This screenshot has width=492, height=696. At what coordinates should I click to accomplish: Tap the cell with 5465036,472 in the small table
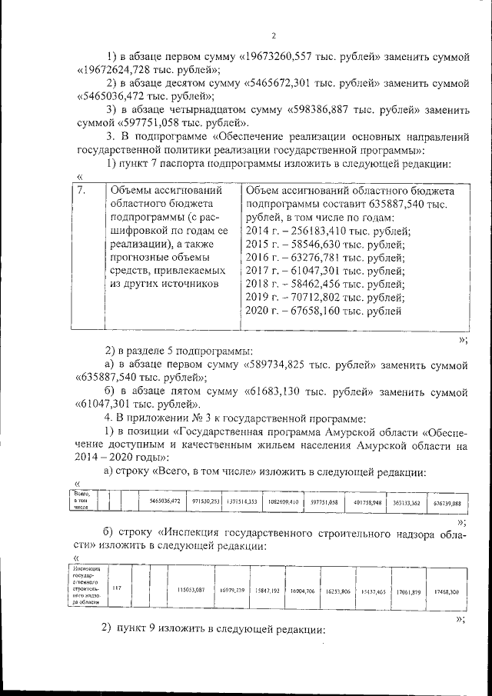[165, 501]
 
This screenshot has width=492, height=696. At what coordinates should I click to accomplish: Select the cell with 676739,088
[447, 502]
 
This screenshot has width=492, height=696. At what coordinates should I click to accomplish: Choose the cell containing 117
[118, 588]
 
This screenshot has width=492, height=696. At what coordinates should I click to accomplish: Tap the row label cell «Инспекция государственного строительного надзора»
[86, 588]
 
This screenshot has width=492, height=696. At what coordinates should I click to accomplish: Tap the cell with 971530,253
[205, 501]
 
